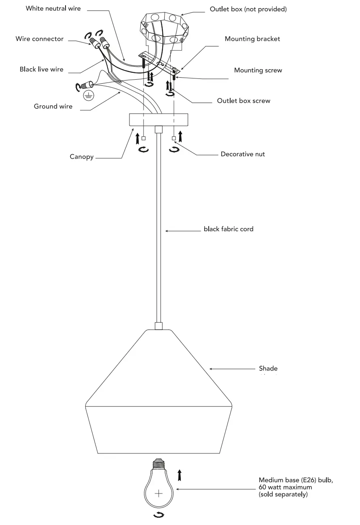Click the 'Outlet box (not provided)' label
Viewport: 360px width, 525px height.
point(248,9)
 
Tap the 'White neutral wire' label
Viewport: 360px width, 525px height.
point(53,8)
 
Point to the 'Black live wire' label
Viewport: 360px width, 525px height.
point(42,69)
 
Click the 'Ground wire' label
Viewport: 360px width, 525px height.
point(53,106)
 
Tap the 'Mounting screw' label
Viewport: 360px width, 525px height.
point(258,70)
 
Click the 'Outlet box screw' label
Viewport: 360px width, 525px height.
point(244,101)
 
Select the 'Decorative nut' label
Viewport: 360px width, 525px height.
point(243,154)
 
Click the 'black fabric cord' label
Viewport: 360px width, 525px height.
point(228,229)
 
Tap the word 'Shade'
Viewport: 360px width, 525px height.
point(268,368)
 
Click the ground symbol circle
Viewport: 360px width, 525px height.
point(89,96)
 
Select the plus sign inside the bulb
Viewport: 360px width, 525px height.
point(159,493)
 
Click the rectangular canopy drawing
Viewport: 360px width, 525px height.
point(159,120)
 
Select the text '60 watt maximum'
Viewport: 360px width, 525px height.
point(286,487)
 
